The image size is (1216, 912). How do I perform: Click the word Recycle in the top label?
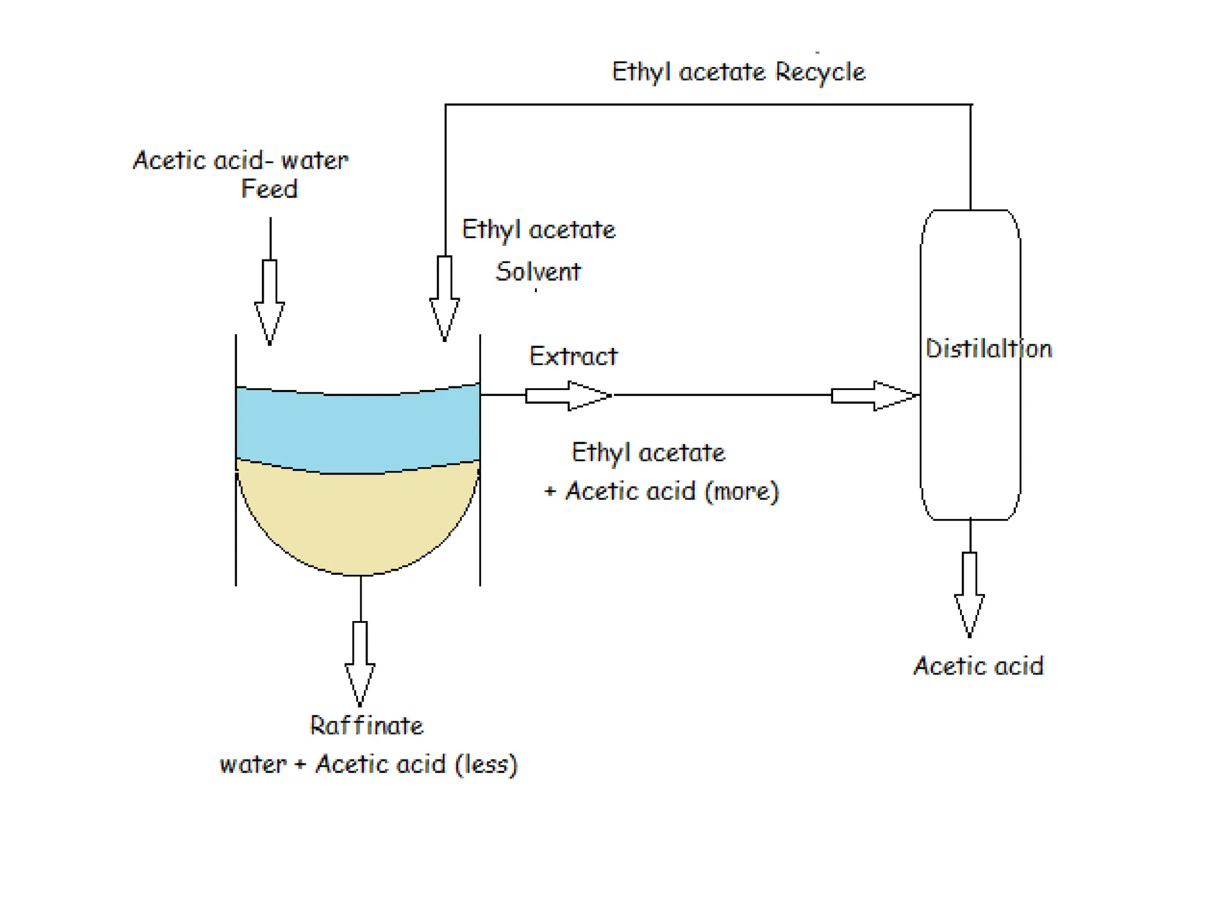(820, 72)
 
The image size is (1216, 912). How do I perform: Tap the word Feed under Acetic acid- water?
(269, 189)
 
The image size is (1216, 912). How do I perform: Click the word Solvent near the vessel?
(538, 272)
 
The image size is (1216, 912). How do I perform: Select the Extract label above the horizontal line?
(573, 356)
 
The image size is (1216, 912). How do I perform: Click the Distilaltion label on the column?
(989, 349)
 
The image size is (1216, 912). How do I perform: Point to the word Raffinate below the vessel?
(366, 726)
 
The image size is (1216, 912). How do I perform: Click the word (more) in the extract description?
(742, 492)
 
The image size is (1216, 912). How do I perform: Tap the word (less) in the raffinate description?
(486, 765)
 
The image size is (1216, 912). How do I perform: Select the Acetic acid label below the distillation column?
(978, 666)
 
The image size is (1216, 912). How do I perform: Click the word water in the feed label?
(314, 161)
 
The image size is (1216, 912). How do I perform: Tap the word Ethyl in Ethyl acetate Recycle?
(641, 72)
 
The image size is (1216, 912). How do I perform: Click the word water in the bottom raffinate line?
(253, 765)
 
